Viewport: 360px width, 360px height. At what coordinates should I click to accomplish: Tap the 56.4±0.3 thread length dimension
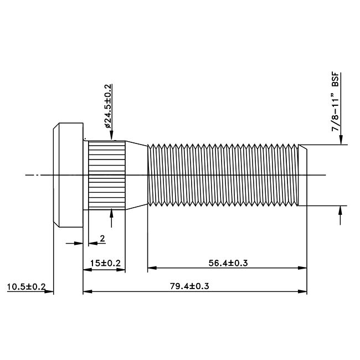pyautogui.click(x=227, y=263)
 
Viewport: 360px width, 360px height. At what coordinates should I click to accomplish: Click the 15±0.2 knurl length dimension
pyautogui.click(x=104, y=263)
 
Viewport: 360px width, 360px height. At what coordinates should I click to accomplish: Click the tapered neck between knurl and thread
pyautogui.click(x=136, y=175)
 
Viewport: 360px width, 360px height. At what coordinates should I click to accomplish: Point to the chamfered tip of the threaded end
pyautogui.click(x=302, y=175)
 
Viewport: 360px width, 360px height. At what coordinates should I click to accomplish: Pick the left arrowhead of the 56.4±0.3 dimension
pyautogui.click(x=151, y=268)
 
